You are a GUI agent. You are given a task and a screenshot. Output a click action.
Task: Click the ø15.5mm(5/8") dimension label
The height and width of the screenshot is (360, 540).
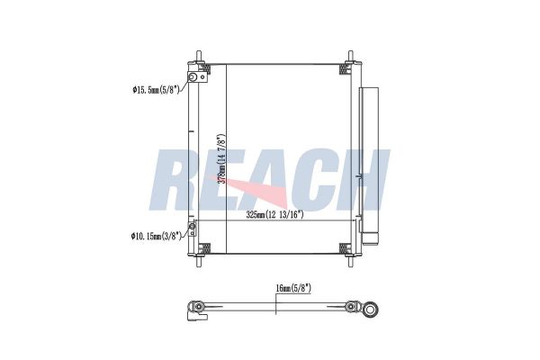coord(156,90)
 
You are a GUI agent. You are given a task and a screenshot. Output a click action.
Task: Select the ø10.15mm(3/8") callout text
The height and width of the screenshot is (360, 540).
coord(156,237)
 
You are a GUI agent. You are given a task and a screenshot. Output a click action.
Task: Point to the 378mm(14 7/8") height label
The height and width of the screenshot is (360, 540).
coord(221,158)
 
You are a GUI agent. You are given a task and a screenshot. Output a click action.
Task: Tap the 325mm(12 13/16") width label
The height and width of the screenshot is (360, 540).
coord(274,215)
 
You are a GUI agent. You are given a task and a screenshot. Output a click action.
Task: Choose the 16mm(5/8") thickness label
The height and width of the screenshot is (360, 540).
coord(293,288)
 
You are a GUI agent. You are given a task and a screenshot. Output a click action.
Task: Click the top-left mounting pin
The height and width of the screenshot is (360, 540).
coord(199,56)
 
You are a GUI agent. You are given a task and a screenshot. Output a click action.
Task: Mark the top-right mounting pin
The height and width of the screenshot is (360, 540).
coord(350,56)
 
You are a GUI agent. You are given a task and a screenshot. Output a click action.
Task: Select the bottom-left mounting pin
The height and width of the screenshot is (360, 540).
coord(199,261)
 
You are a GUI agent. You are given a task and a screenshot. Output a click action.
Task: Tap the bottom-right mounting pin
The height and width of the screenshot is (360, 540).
coord(350,261)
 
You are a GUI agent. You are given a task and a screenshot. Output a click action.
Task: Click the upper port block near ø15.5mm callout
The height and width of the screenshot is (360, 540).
coord(198,76)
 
